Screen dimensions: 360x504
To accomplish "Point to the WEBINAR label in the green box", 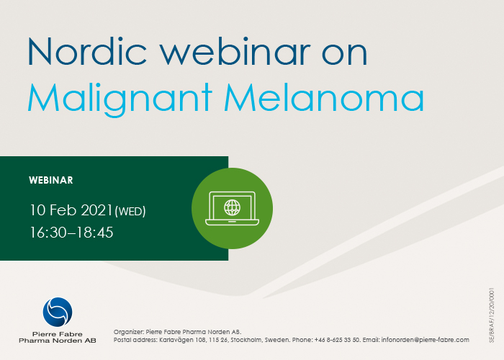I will click(50, 180).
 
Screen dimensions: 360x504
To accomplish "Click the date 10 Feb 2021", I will click(71, 210).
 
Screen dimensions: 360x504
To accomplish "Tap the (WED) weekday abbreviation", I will click(130, 212).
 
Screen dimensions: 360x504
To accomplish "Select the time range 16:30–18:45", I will click(71, 233).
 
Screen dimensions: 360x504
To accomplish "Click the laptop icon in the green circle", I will click(232, 208).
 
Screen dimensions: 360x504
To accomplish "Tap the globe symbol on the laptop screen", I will click(232, 207).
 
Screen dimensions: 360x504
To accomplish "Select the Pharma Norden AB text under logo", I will click(57, 340).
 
